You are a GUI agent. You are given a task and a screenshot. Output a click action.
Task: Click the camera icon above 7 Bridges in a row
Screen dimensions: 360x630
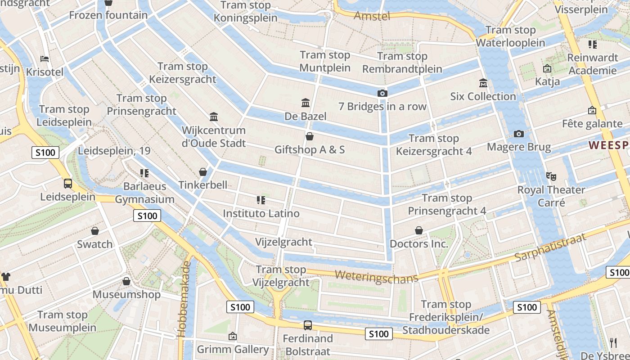[382, 93]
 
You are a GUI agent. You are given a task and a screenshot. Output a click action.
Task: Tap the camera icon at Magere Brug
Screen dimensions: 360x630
[518, 134]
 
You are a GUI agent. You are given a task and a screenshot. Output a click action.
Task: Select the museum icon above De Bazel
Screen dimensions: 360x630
[306, 103]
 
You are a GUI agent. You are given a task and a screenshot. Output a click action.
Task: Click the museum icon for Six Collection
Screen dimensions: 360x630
[483, 83]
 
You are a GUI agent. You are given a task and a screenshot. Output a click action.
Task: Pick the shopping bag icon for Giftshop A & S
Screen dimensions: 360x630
[309, 136]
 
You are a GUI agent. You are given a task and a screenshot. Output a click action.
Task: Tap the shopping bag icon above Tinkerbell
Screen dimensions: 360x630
[203, 171]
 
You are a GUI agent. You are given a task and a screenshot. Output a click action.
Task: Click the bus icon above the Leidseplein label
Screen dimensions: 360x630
[68, 183]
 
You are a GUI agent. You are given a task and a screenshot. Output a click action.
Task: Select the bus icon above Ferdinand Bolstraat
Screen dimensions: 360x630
[308, 325]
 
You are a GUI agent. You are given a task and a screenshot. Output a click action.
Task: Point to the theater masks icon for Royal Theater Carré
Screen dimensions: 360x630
[551, 176]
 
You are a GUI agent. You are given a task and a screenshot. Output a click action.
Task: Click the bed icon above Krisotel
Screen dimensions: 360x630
[45, 58]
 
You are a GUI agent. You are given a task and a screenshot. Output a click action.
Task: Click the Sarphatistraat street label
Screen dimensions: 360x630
[550, 247]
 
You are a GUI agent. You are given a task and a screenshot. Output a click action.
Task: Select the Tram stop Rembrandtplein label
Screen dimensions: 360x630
[402, 63]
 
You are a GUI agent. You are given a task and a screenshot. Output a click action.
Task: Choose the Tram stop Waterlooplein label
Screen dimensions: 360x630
[510, 36]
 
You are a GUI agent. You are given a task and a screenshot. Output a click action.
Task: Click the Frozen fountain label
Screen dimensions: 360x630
[108, 15]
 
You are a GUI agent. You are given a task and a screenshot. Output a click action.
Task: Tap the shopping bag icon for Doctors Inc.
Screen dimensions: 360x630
[419, 230]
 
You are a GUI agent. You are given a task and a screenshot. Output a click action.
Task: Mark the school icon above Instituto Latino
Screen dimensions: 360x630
[261, 199]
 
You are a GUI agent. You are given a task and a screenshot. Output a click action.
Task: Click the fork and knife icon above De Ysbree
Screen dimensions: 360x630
[613, 342]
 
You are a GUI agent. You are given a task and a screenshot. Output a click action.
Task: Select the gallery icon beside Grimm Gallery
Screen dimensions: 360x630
[233, 336]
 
